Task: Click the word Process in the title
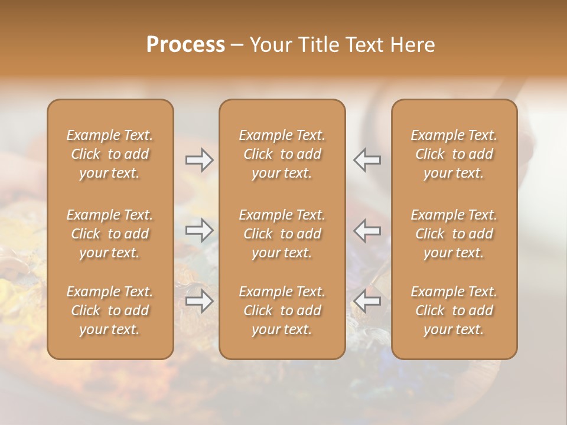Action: point(185,45)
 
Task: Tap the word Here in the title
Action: point(413,45)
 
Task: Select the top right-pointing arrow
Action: point(200,160)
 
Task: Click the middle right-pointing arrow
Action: point(200,230)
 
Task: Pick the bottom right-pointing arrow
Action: point(200,300)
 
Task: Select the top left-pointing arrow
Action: point(367,160)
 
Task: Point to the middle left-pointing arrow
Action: point(367,230)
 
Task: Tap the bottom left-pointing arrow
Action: point(367,300)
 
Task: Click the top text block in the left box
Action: point(110,154)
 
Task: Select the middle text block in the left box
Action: point(110,234)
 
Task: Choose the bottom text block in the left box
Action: point(110,310)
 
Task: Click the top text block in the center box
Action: point(282,154)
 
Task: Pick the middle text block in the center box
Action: point(282,234)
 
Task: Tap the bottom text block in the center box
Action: point(282,310)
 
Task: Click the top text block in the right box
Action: point(454,154)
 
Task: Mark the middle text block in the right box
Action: point(454,234)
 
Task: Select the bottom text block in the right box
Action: point(454,310)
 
